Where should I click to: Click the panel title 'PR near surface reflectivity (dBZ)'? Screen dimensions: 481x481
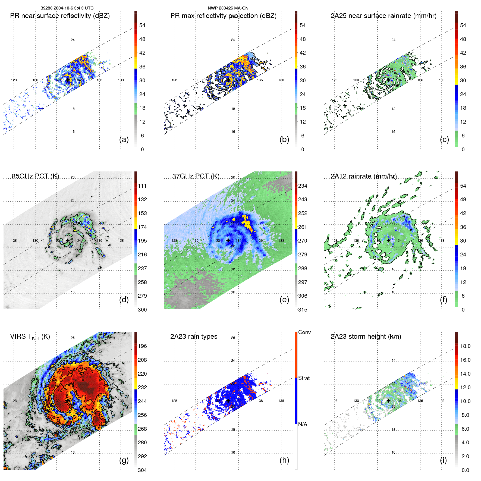pyautogui.click(x=60, y=16)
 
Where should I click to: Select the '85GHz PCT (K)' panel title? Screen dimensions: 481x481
pyautogui.click(x=36, y=176)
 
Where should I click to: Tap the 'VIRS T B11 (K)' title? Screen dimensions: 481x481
pyautogui.click(x=30, y=337)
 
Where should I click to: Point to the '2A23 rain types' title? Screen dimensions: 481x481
pyautogui.click(x=194, y=337)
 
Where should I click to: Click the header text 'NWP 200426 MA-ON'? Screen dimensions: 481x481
pyautogui.click(x=228, y=8)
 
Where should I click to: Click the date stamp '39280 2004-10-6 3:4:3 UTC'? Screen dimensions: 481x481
pyautogui.click(x=67, y=8)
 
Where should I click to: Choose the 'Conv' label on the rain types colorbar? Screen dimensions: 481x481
pyautogui.click(x=304, y=332)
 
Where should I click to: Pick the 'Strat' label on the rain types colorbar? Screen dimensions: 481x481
pyautogui.click(x=304, y=378)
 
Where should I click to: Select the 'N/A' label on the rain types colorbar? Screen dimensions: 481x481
pyautogui.click(x=303, y=424)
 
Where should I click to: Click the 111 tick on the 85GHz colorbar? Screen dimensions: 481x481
pyautogui.click(x=142, y=186)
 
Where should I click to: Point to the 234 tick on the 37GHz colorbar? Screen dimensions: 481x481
pyautogui.click(x=303, y=186)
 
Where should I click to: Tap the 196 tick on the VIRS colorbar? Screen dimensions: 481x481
pyautogui.click(x=142, y=346)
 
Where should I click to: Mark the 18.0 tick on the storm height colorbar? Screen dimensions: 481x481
pyautogui.click(x=465, y=346)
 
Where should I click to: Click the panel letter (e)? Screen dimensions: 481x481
pyautogui.click(x=284, y=300)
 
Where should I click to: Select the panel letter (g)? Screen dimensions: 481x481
pyautogui.click(x=124, y=460)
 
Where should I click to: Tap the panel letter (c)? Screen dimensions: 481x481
pyautogui.click(x=444, y=139)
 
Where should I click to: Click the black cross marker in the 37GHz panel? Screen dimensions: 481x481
pyautogui.click(x=228, y=240)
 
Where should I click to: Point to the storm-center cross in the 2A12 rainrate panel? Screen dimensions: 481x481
pyautogui.click(x=388, y=240)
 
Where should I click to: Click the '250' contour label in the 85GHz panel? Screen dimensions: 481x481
pyautogui.click(x=77, y=223)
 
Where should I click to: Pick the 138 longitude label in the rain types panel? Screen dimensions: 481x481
pyautogui.click(x=281, y=401)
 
